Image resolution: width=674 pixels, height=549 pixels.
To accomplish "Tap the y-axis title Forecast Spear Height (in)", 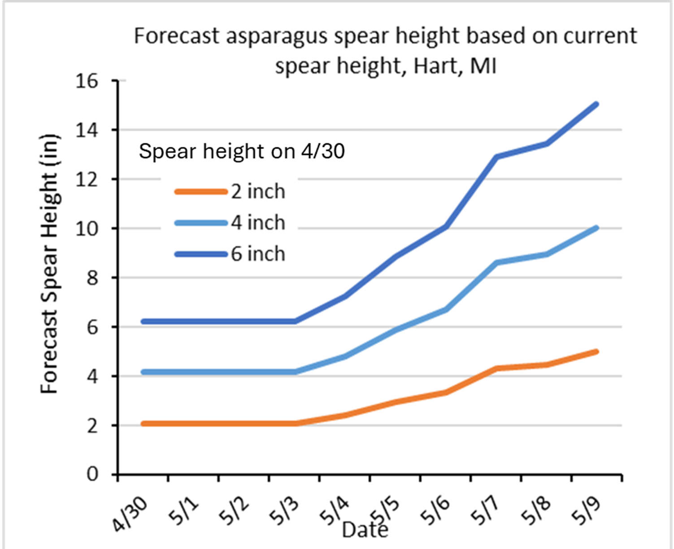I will pos(49,264).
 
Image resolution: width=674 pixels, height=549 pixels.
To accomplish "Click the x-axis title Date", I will pos(365,530).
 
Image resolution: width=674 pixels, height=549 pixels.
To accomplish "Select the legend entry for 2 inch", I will pos(257,192).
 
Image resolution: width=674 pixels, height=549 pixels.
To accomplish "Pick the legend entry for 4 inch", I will pos(257,223).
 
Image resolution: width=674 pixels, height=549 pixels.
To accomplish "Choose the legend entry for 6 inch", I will pos(257,254).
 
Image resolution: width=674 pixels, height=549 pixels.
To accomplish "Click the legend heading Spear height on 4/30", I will pos(242,151).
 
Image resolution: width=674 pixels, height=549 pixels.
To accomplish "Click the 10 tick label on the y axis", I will pos(86,229).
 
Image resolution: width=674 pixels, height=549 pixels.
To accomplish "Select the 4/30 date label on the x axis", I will pos(130,514).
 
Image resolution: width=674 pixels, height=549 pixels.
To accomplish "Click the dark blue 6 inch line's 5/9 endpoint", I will pos(596,104).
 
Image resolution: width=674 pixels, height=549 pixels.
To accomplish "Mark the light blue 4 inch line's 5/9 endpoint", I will pos(596,228).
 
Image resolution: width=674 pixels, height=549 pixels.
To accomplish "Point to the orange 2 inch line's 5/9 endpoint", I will pos(596,351).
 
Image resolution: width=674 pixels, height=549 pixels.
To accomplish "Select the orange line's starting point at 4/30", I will pos(143,424).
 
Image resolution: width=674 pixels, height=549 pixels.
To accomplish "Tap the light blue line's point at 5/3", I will pos(295,372).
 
